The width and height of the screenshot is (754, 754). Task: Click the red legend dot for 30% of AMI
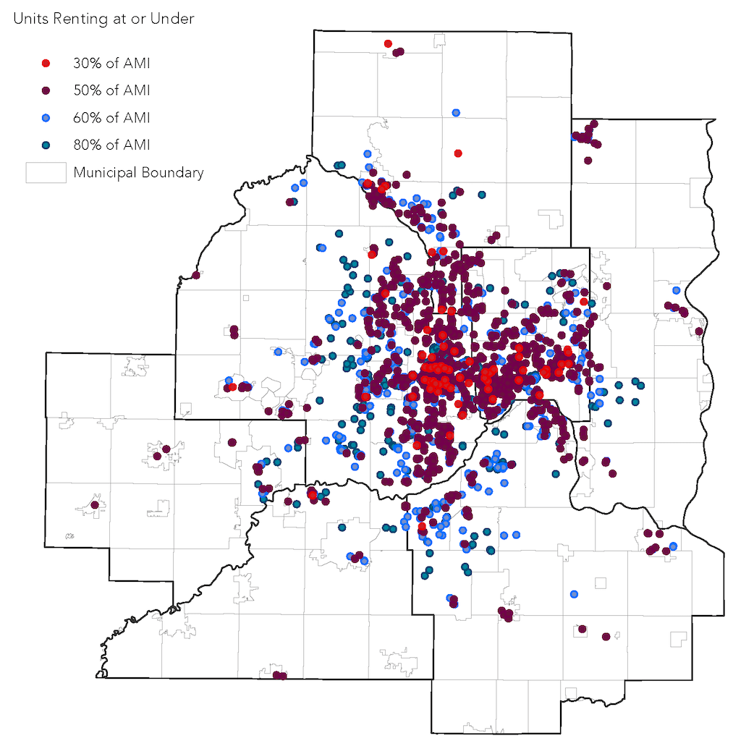(x=46, y=63)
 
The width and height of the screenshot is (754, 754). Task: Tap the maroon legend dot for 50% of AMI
(x=46, y=90)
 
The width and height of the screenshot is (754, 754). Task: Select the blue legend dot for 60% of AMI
(x=46, y=117)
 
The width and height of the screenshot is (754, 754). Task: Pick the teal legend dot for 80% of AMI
(x=46, y=145)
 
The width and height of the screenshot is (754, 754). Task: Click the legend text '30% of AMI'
(x=111, y=63)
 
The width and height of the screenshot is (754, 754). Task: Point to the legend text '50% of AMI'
(x=111, y=90)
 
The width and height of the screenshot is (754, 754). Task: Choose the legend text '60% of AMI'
(x=111, y=117)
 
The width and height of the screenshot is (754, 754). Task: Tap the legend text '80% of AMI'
(x=111, y=145)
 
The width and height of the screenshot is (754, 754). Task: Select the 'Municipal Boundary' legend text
(x=138, y=173)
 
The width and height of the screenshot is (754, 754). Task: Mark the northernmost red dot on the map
(x=388, y=44)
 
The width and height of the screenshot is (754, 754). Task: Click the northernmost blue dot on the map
(x=456, y=113)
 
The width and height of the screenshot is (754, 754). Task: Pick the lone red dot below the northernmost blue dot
(x=458, y=153)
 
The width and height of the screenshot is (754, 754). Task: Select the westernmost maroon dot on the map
(x=95, y=505)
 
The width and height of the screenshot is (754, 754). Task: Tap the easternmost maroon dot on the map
(x=699, y=331)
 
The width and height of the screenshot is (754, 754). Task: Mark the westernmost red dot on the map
(x=232, y=387)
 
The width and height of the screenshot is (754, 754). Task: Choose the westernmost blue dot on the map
(x=229, y=381)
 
